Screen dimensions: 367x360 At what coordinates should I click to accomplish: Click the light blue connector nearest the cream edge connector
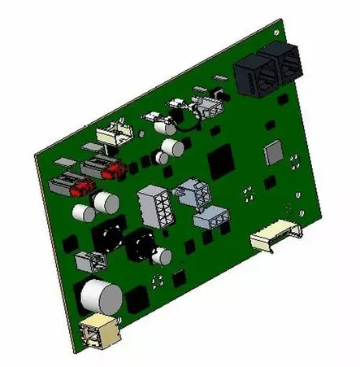(x=213, y=218)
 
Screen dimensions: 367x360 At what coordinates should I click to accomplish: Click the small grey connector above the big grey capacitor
(x=89, y=261)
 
